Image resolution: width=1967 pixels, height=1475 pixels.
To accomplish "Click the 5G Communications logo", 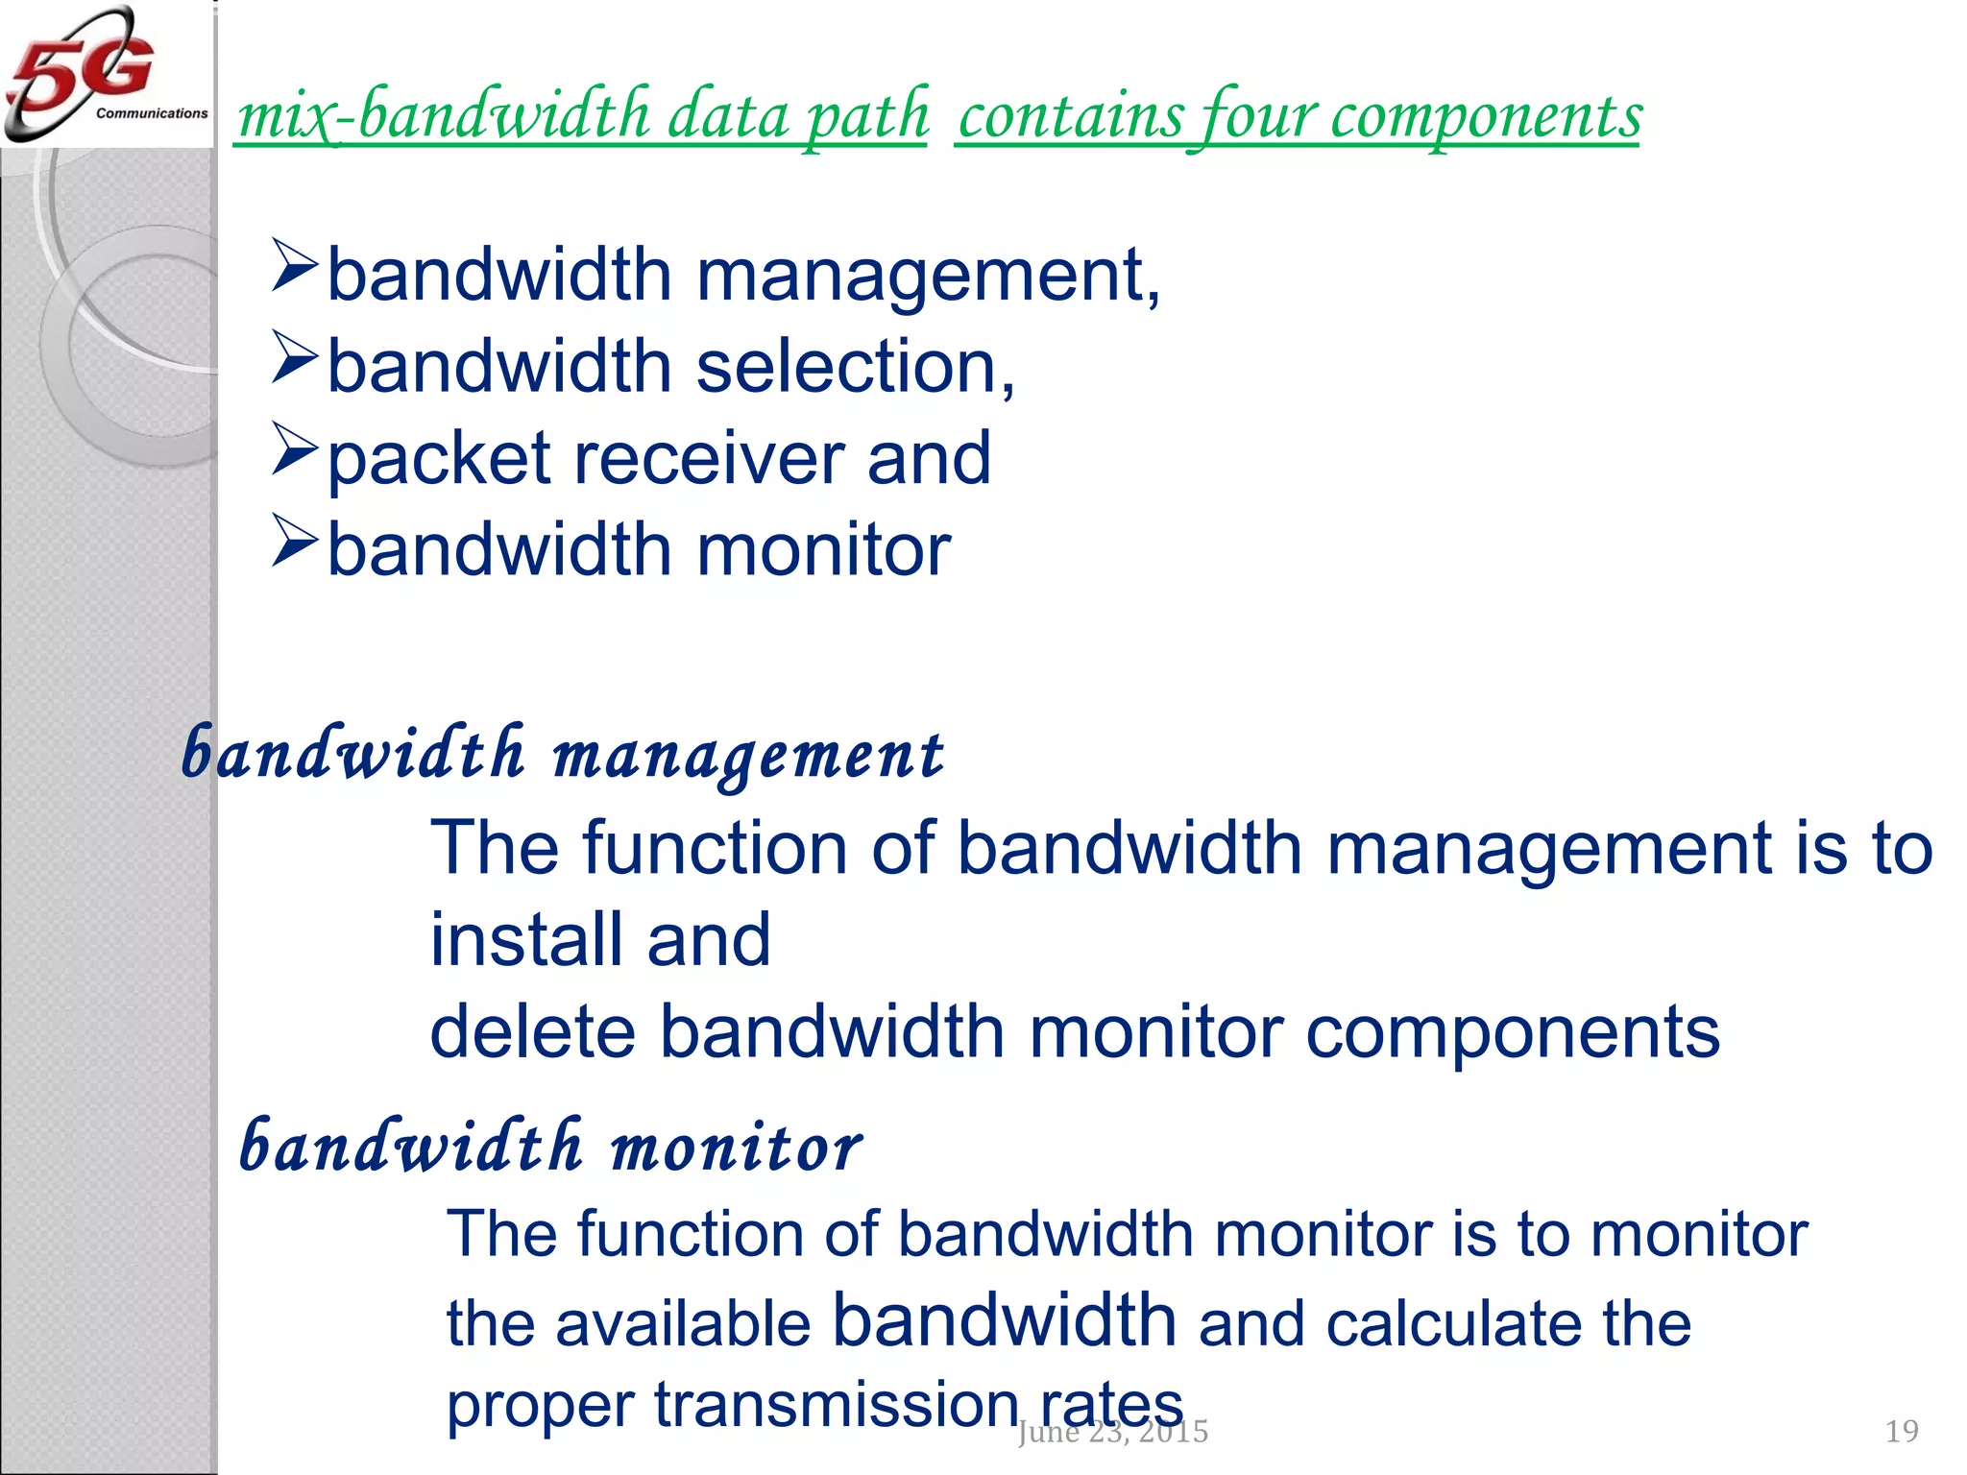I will click(106, 74).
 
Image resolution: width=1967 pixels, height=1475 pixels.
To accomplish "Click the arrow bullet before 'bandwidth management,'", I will click(294, 266).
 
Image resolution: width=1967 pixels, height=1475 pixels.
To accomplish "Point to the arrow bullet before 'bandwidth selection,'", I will click(294, 357).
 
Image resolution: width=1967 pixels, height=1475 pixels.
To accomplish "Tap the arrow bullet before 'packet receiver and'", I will click(294, 448).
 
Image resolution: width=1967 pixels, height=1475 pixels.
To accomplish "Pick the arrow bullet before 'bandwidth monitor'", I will click(294, 541).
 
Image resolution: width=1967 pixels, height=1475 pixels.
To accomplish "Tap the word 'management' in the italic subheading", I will click(748, 756).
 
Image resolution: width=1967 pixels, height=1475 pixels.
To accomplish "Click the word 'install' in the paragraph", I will click(526, 939).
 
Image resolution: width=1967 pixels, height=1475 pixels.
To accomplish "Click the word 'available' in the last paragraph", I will click(683, 1324).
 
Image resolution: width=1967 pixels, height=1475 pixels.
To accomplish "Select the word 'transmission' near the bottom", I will click(837, 1405).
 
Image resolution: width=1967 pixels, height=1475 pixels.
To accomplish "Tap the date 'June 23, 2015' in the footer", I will click(1112, 1432).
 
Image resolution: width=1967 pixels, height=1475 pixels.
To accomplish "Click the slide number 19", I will click(1902, 1432).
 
